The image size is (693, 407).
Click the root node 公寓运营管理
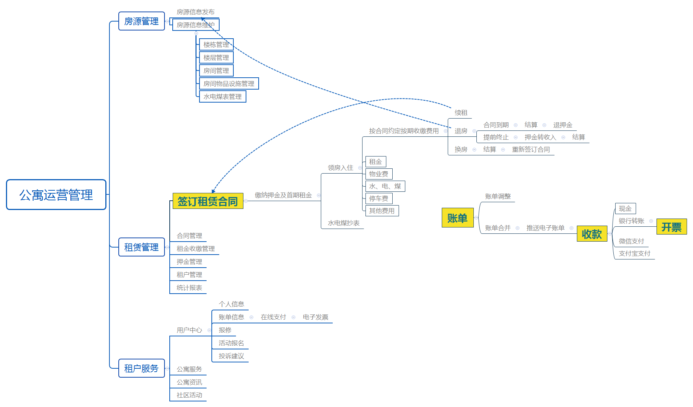[56, 195]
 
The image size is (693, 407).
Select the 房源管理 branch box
[141, 21]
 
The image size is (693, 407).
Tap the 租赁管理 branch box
[141, 247]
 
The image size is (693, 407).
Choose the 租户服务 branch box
[141, 368]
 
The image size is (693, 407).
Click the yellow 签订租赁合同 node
[208, 201]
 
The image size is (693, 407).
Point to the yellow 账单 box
[457, 218]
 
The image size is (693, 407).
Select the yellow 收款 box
[592, 234]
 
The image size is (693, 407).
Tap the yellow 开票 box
[671, 227]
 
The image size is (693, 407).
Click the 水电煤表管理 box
[223, 97]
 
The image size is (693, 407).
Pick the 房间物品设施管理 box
[229, 84]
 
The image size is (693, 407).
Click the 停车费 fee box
[379, 198]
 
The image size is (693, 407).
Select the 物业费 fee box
[379, 174]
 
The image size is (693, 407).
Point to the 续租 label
[461, 113]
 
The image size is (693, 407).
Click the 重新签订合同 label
[531, 149]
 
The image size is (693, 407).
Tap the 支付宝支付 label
[634, 253]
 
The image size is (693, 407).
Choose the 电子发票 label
[315, 317]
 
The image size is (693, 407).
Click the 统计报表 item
[189, 288]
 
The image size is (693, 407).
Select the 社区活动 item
[189, 395]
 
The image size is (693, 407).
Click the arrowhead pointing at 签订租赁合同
[213, 191]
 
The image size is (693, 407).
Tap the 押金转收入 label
[540, 137]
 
